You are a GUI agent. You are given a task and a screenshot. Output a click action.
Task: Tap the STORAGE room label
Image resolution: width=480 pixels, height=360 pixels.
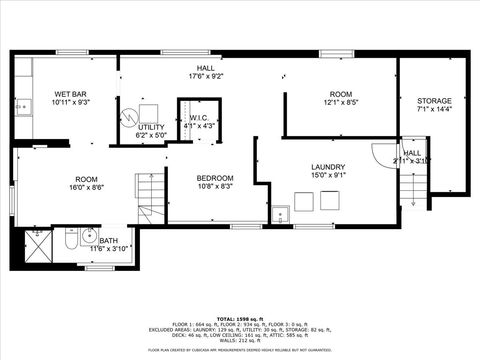coord(434,101)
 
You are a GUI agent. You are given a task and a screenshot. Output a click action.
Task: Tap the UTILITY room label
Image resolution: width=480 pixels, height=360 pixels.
coord(151,127)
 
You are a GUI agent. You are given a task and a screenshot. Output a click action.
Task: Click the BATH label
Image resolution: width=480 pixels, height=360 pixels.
coord(107,240)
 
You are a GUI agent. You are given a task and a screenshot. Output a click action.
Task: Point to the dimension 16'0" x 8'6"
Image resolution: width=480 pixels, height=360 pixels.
coord(86,187)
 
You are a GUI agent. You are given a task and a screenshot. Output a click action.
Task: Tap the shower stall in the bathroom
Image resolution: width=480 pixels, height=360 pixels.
coord(38,244)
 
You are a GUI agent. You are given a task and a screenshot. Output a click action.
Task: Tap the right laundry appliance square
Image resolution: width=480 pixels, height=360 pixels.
coord(329,201)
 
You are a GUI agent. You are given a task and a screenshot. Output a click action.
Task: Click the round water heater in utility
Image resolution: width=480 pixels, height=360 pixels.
coord(127,116)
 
